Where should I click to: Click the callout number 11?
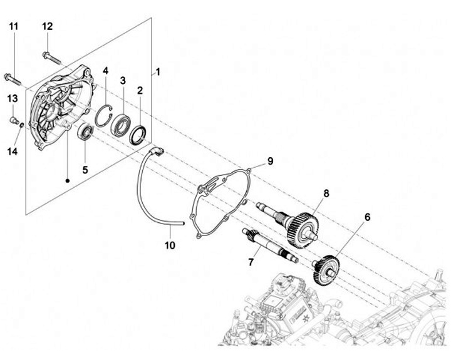[x=14, y=26]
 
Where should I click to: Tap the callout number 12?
[x=48, y=26]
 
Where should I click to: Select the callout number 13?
[x=12, y=98]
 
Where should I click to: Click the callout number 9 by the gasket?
[x=270, y=161]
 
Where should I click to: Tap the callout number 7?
[x=251, y=262]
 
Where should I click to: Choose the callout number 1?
[x=158, y=72]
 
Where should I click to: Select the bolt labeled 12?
[x=51, y=58]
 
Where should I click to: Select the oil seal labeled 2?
[x=139, y=132]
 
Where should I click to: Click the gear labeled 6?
[x=326, y=269]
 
